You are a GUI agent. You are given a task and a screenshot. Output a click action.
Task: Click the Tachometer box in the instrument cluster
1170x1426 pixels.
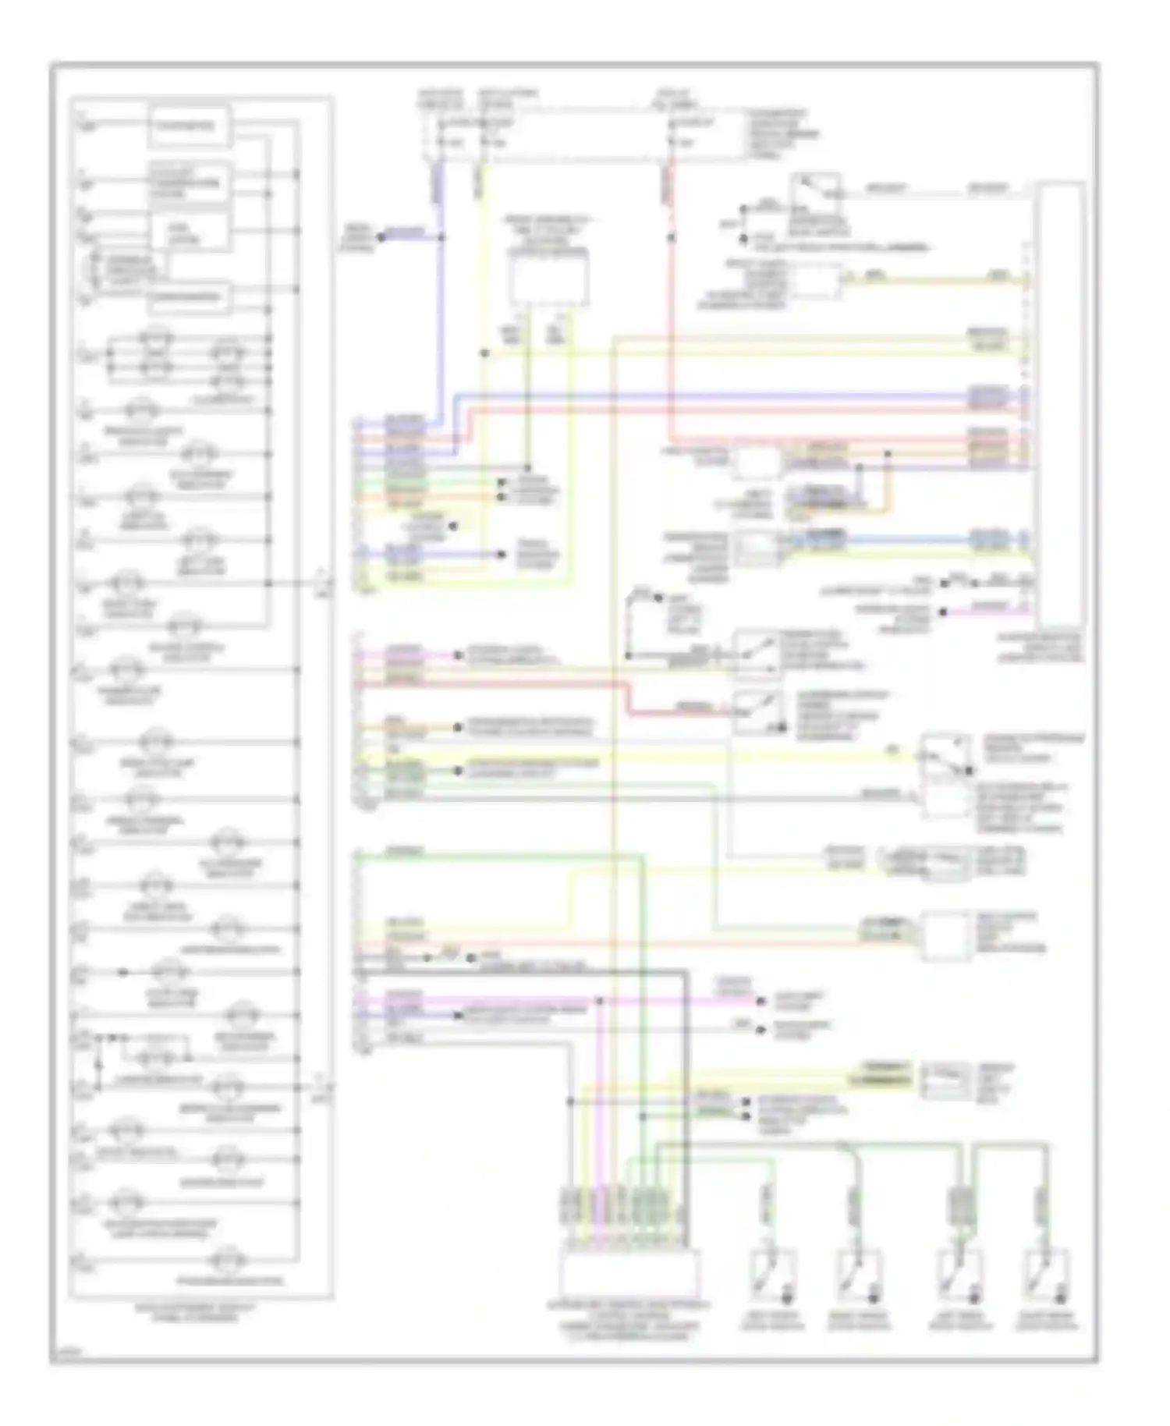[x=190, y=126]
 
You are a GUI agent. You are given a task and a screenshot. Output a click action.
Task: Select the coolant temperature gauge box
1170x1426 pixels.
[x=190, y=184]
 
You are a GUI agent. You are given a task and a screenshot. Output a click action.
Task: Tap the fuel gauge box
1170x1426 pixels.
[x=190, y=232]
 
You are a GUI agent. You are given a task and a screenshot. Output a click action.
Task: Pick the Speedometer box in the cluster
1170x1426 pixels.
[x=190, y=296]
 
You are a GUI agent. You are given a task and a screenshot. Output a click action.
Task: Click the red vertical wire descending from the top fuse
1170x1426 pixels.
[x=670, y=312]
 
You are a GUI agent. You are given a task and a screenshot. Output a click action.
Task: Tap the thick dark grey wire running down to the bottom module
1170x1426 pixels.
[x=685, y=1092]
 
